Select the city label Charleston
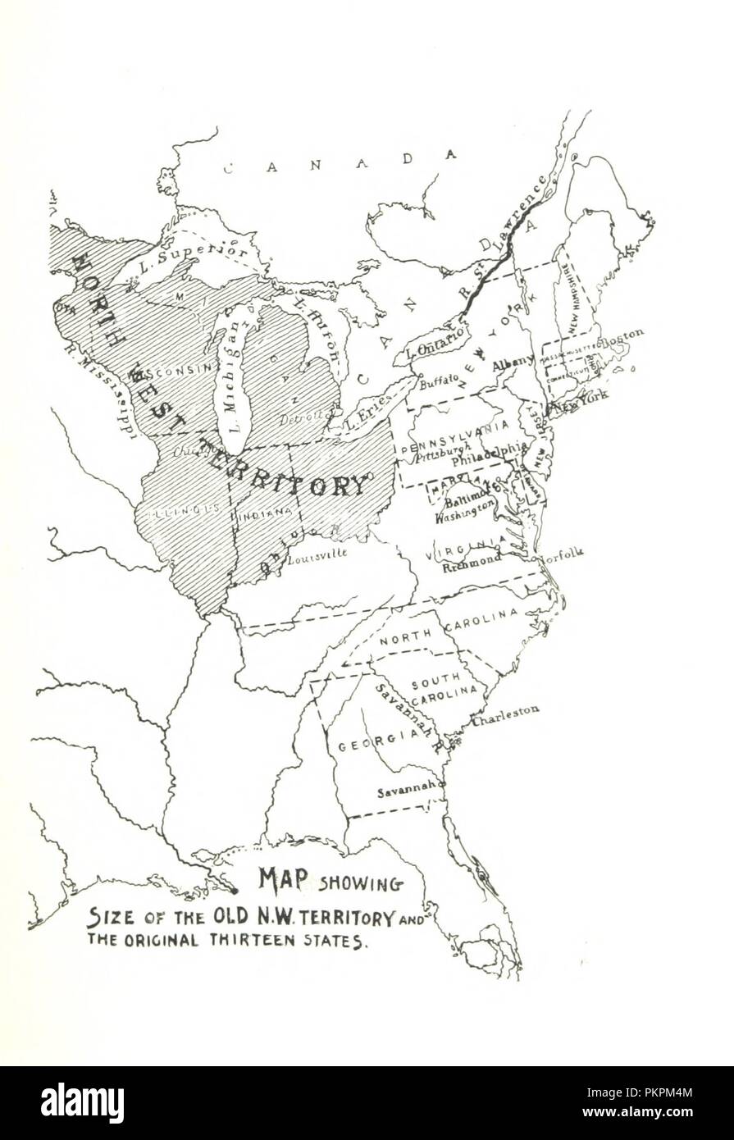point(505,712)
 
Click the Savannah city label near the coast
point(406,792)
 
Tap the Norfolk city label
point(561,554)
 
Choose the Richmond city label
point(472,560)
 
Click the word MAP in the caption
point(283,878)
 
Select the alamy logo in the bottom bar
point(82,1102)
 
